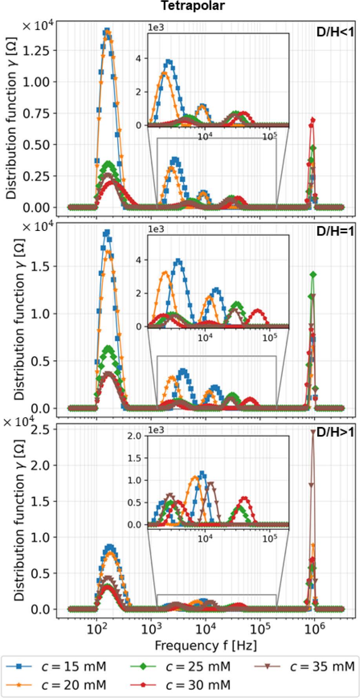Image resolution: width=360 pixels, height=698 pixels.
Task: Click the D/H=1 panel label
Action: pos(335,231)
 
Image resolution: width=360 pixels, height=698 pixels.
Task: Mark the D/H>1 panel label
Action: pos(335,432)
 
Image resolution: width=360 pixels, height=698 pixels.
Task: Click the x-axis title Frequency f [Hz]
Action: pos(205,645)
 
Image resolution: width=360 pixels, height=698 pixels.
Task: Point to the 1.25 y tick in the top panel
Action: pos(44,51)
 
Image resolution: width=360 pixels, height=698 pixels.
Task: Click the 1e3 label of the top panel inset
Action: pos(155,28)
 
